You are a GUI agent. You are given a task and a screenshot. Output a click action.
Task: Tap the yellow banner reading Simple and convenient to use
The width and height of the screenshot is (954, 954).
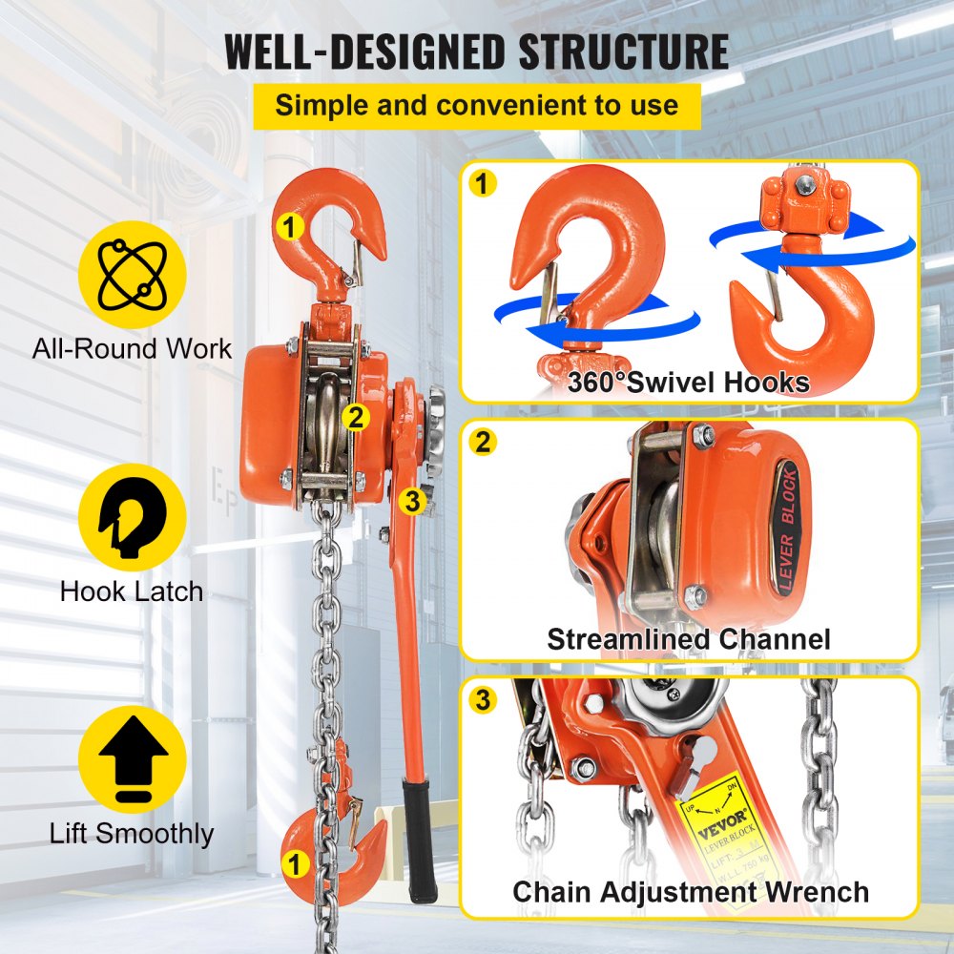click(476, 105)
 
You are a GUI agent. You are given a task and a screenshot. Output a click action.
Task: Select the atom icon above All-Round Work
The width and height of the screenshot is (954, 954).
click(132, 274)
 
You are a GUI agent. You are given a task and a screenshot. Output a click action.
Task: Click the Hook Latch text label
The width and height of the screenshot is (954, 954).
click(132, 591)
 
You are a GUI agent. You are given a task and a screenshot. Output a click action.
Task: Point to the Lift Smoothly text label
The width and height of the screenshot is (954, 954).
click(132, 834)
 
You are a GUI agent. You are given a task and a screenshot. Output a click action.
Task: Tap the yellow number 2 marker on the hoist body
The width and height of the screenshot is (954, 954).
click(355, 417)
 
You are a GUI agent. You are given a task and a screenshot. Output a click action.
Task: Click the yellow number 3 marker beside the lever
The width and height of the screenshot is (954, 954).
click(411, 501)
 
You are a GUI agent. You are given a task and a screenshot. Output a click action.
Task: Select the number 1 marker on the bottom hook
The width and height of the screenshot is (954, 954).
click(295, 864)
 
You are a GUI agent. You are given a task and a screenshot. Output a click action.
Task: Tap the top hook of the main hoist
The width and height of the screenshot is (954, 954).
click(324, 234)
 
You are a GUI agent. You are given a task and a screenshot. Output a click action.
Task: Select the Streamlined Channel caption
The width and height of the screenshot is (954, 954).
click(688, 638)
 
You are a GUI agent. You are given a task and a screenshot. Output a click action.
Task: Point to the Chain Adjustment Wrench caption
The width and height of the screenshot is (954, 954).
click(690, 892)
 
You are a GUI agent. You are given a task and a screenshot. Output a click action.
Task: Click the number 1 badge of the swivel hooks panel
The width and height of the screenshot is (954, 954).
click(484, 183)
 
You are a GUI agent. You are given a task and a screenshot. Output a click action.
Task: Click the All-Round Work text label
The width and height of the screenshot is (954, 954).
click(132, 348)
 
